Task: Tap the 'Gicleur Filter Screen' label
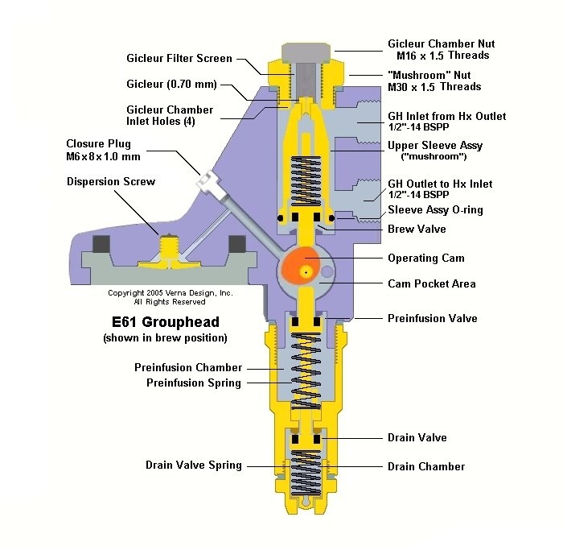179,58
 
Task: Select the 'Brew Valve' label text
417,229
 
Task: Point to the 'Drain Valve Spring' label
193,465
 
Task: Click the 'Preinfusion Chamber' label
187,367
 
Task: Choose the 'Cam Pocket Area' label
431,283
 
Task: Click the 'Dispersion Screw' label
110,181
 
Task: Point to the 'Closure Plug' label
98,143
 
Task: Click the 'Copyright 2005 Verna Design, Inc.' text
171,293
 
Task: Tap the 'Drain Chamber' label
425,466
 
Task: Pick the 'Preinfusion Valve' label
432,318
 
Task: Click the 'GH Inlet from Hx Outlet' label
446,116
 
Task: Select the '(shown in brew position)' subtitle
165,337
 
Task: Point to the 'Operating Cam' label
425,258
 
